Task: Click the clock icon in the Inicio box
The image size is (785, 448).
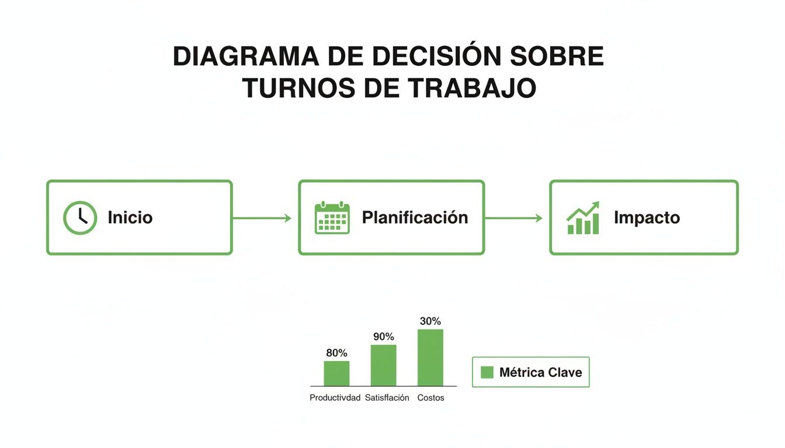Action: [x=79, y=218]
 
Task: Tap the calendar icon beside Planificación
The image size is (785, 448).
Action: [x=332, y=218]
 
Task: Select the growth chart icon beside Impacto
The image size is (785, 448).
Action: [x=583, y=218]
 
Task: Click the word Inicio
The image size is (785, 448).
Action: [x=130, y=218]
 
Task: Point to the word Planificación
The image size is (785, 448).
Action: [x=415, y=218]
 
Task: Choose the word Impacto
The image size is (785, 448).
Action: [x=647, y=218]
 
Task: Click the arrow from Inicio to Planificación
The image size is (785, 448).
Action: [x=262, y=218]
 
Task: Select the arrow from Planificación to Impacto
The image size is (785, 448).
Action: [x=513, y=218]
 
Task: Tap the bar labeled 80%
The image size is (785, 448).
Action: [x=336, y=373]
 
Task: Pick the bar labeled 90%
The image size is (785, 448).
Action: [x=383, y=365]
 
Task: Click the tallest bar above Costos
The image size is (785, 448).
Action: [x=430, y=358]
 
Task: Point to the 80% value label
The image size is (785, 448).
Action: [x=336, y=353]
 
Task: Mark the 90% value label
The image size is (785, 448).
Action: [x=383, y=337]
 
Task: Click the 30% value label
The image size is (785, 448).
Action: [x=430, y=321]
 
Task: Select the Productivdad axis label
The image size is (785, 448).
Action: [x=335, y=398]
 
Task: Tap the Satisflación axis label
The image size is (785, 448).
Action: [x=387, y=398]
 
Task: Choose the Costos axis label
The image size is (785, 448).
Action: [x=430, y=398]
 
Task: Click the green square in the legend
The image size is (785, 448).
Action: [x=487, y=372]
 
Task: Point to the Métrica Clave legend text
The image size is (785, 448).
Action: [x=540, y=372]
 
